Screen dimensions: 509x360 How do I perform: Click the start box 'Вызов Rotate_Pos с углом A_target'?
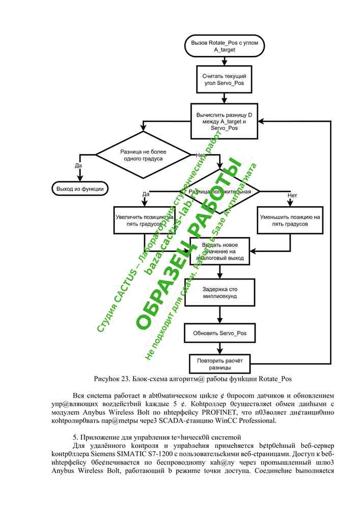pos(225,47)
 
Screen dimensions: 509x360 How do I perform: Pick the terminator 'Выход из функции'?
pos(80,189)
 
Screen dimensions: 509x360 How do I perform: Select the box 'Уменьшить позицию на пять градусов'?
pos(290,220)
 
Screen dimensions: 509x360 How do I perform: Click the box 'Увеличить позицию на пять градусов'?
pos(144,220)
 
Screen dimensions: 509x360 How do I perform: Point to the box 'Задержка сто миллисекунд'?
pos(220,292)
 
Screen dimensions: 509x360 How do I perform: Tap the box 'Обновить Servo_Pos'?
pos(220,333)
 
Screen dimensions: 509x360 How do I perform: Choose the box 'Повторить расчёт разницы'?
pos(220,363)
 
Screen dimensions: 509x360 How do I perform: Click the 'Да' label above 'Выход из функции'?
pos(78,165)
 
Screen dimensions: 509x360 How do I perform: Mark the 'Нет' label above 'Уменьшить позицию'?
pos(292,195)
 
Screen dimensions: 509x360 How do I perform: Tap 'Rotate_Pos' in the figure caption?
pos(274,379)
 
